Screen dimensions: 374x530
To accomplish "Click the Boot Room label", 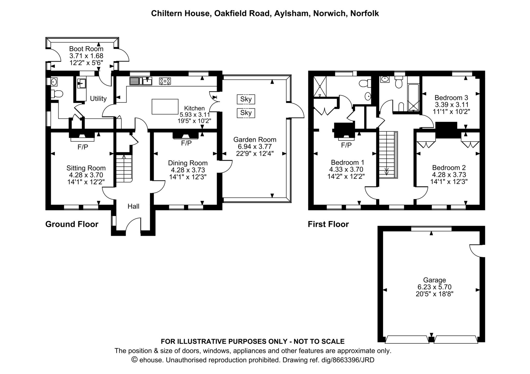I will (x=86, y=49).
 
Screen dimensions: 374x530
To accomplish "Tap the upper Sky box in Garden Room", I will (x=246, y=99).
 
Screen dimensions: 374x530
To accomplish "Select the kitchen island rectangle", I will (x=165, y=107).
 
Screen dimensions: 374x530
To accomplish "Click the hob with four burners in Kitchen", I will (x=165, y=81).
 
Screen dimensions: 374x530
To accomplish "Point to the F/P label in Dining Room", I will (x=186, y=143).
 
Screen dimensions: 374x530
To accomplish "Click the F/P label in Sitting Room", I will (x=83, y=147).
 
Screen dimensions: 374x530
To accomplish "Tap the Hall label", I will (x=133, y=206).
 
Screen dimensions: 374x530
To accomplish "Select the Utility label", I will (x=98, y=99).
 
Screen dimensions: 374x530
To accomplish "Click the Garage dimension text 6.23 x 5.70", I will (x=434, y=287).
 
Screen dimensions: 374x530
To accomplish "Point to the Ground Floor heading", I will (x=72, y=224).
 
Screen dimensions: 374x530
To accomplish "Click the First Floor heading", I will (x=328, y=224).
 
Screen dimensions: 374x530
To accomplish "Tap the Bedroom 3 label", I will (x=451, y=98).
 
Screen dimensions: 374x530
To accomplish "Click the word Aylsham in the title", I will (x=292, y=13).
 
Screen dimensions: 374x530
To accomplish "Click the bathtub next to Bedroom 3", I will (x=413, y=97).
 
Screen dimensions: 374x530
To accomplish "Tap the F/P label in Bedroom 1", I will (x=346, y=145).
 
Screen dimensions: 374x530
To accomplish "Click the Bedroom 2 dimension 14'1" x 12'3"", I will (x=449, y=182).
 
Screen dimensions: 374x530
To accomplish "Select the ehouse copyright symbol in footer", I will (x=134, y=360).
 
